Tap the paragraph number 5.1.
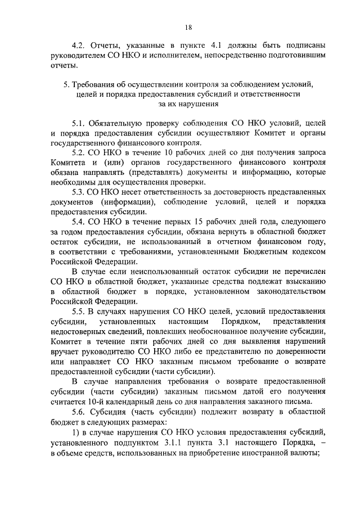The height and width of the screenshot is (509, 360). pos(78,123)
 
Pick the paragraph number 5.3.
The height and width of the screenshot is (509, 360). pos(78,192)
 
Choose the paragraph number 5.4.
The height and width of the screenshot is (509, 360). pos(78,222)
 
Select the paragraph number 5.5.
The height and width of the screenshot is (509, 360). pos(78,311)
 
